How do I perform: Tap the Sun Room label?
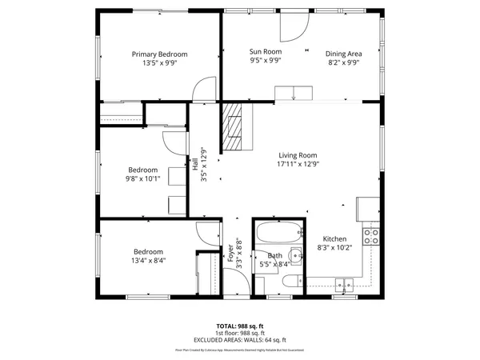tap(266, 50)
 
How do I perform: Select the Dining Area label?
tap(342, 54)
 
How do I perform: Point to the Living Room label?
tap(298, 155)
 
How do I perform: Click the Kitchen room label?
tap(334, 239)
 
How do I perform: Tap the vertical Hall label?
tap(195, 165)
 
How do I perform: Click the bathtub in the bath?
tap(280, 234)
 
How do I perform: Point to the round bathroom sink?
tap(295, 258)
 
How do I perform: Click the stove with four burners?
tap(371, 235)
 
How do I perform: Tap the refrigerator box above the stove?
tap(369, 209)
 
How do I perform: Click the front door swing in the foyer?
tap(235, 282)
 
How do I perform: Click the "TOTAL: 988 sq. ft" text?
tap(239, 326)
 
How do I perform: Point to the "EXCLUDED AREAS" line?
tap(239, 339)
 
